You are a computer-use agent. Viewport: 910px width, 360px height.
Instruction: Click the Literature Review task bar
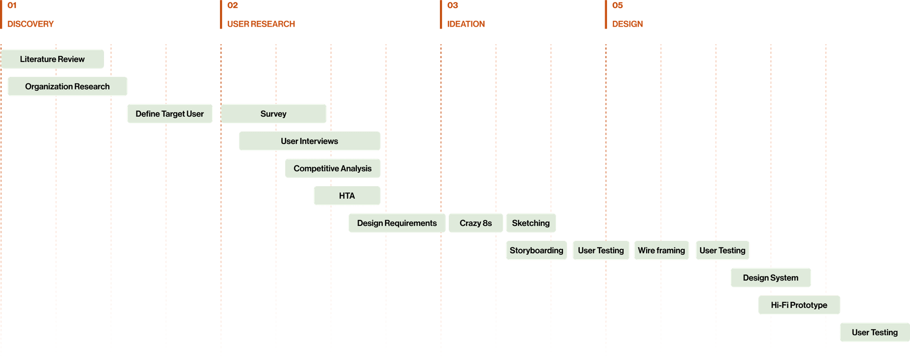52,59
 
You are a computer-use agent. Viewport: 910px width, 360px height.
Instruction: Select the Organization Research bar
68,87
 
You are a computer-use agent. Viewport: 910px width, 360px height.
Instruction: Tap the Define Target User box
170,114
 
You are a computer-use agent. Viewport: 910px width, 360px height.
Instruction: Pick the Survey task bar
274,114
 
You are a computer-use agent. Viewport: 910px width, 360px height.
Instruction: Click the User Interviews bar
309,141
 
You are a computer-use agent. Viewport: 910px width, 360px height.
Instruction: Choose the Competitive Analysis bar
332,168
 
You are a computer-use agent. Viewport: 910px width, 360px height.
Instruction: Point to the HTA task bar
347,196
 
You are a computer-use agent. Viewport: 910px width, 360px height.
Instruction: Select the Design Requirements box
397,223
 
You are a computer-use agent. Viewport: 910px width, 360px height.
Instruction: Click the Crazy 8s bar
476,223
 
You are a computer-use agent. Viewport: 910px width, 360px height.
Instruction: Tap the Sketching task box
531,223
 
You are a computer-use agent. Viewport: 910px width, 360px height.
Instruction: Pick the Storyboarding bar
536,251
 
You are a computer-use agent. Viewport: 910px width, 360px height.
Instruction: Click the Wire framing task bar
661,251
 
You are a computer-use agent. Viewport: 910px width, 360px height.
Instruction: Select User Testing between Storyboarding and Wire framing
601,251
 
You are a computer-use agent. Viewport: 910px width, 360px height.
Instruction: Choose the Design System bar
770,278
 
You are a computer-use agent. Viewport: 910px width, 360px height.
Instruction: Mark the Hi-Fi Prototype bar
799,305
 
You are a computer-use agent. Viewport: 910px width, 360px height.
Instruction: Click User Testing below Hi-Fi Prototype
874,332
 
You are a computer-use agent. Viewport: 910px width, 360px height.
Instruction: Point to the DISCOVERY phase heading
31,24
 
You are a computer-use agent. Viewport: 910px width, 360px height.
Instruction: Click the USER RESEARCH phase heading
261,24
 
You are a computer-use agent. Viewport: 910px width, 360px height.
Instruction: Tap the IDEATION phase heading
467,24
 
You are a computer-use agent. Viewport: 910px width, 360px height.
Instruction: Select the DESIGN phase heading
627,24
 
